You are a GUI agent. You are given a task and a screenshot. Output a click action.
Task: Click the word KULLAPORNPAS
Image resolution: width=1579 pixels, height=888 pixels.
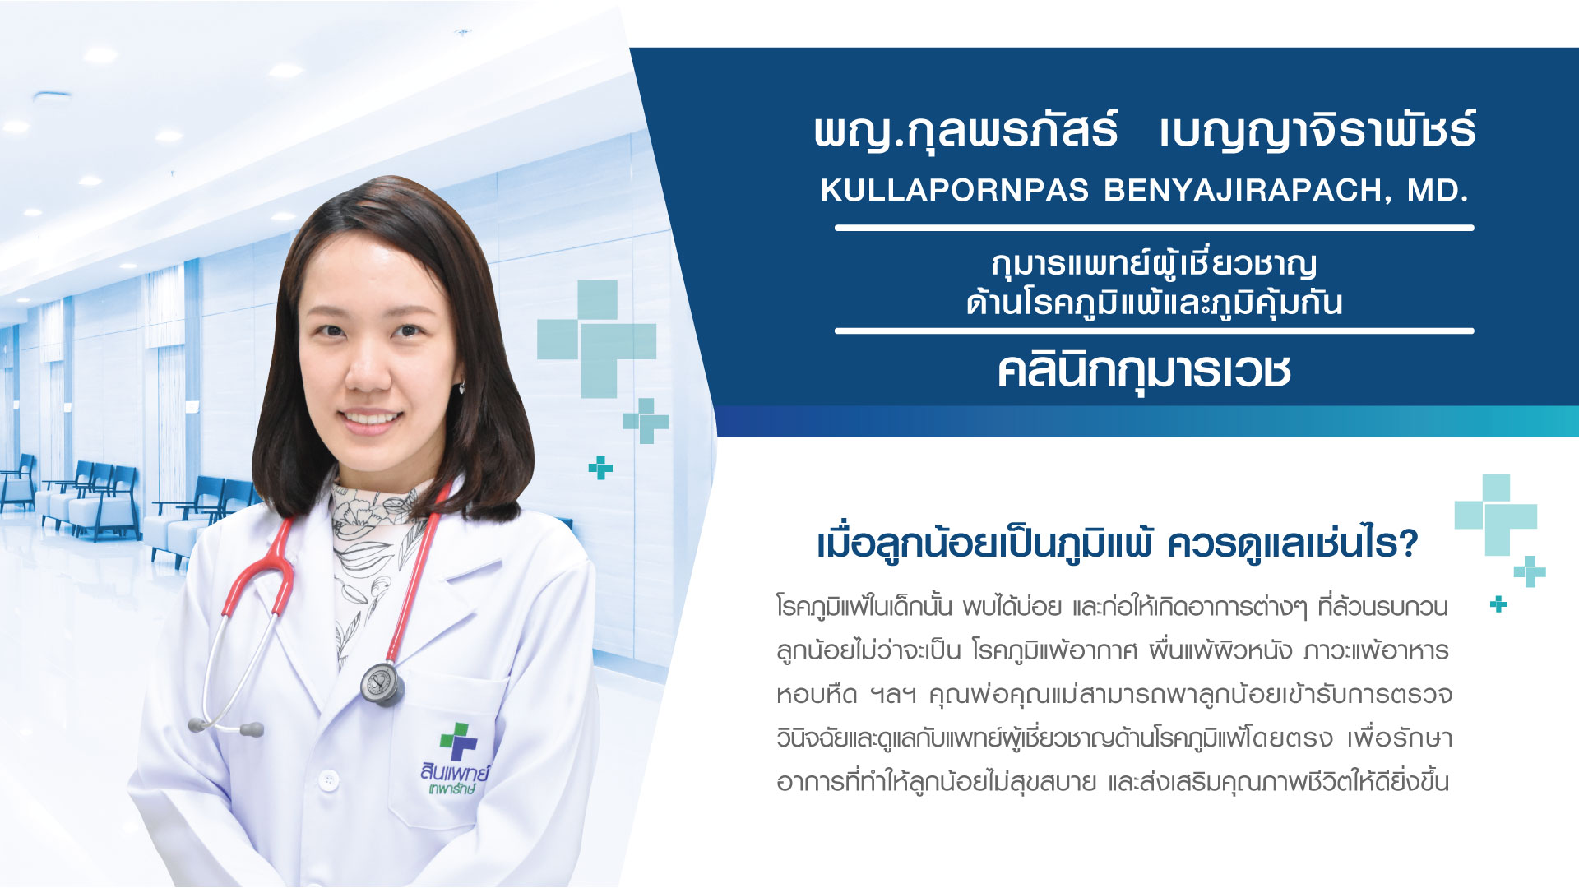click(x=954, y=190)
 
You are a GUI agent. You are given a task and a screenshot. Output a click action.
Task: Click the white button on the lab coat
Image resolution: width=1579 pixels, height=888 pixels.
click(x=329, y=778)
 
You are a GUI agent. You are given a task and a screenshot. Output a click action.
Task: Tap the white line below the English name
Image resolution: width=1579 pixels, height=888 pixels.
click(x=1154, y=228)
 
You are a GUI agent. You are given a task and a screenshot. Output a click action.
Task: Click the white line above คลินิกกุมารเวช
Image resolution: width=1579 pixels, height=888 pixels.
click(x=1154, y=331)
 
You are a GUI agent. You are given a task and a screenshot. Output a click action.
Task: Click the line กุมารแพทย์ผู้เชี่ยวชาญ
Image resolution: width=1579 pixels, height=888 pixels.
click(x=1154, y=265)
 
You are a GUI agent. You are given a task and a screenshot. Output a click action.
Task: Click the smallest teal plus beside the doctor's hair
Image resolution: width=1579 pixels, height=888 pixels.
click(x=600, y=467)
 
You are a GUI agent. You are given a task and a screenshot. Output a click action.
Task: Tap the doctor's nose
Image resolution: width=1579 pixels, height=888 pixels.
click(x=367, y=371)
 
